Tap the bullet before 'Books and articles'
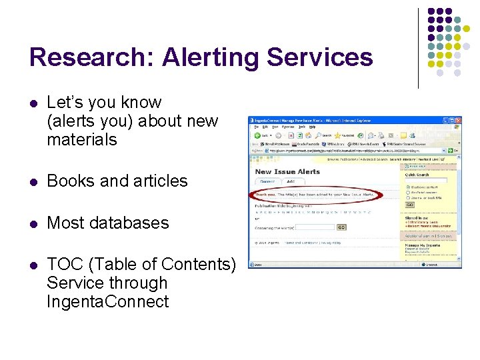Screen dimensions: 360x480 pyautogui.click(x=34, y=181)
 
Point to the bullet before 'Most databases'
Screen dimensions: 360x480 pyautogui.click(x=34, y=223)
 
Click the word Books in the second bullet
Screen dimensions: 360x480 pyautogui.click(x=69, y=181)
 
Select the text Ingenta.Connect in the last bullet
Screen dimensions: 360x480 pyautogui.click(x=107, y=302)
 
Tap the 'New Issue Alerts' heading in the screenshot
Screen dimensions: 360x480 pyautogui.click(x=287, y=172)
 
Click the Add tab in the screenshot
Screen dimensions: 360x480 pyautogui.click(x=291, y=181)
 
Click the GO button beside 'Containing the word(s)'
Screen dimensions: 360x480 pyautogui.click(x=341, y=227)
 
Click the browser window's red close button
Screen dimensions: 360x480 pyautogui.click(x=458, y=121)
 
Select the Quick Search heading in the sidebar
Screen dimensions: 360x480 pyautogui.click(x=417, y=175)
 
